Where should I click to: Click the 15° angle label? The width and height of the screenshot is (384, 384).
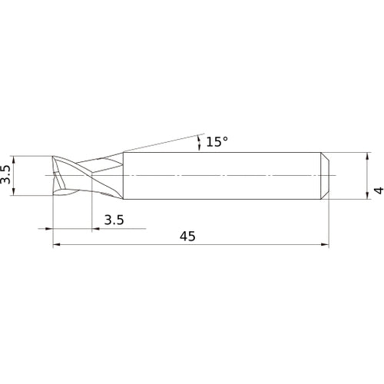217,142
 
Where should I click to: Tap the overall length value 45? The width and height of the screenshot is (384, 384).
188,237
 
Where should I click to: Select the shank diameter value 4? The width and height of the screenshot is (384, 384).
376,190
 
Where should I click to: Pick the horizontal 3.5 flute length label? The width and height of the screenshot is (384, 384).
114,220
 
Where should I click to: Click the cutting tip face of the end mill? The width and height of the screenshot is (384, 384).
55,177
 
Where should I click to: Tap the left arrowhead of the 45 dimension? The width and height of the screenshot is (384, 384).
56,246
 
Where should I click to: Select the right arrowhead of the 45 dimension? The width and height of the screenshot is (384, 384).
326,246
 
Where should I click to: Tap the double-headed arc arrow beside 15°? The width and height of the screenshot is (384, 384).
200,142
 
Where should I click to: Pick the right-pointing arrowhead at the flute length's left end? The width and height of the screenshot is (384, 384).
49,228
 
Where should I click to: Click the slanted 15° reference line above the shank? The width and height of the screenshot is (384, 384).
161,143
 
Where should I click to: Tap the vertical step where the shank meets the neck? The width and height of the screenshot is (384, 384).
124,177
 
